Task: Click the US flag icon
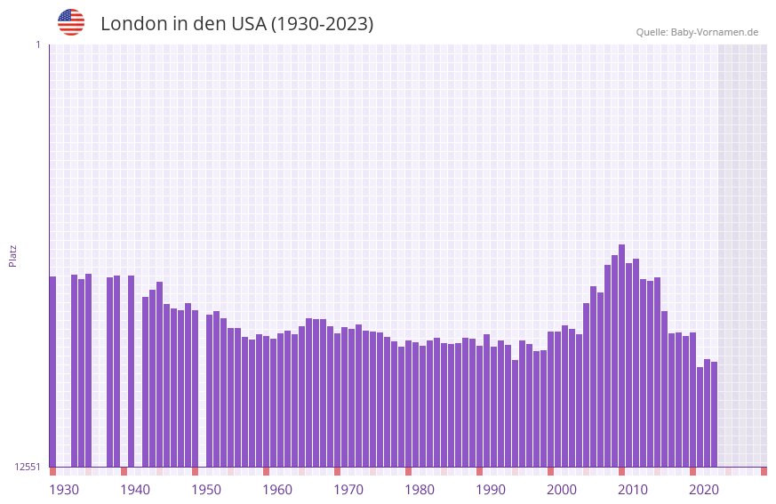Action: coord(71,22)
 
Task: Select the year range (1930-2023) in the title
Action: coord(322,24)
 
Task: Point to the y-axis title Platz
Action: coord(12,255)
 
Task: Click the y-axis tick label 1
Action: coord(37,44)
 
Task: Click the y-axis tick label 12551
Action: coord(28,467)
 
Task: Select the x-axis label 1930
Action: coord(64,490)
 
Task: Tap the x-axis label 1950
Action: coord(206,490)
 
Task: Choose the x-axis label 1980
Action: coord(420,490)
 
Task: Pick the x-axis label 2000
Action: coord(562,490)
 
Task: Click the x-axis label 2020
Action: coord(704,490)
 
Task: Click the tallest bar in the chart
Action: coord(621,356)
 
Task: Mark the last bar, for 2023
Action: coord(714,414)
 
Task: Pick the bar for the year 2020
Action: coord(692,400)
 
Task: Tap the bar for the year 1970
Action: coord(337,400)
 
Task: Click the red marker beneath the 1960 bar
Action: coord(266,471)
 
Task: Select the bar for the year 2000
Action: coord(550,399)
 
